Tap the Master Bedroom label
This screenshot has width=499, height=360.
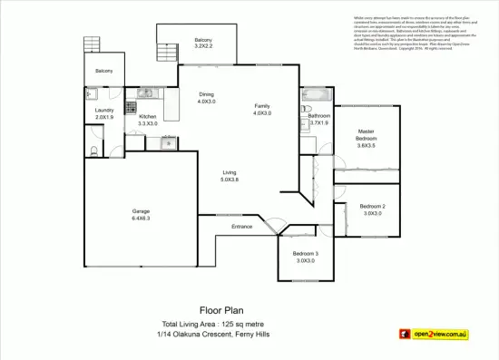[366, 138]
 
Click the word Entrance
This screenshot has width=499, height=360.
[241, 226]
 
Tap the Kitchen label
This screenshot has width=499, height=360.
[147, 116]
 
